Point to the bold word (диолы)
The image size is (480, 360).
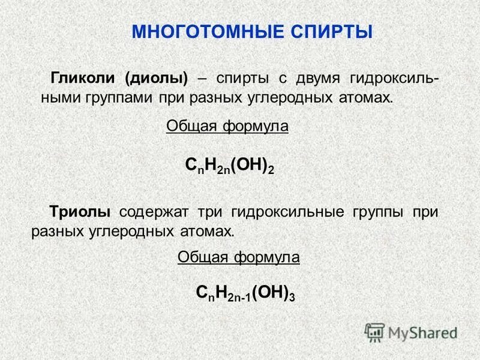click(x=156, y=79)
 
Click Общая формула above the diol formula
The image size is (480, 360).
click(x=227, y=127)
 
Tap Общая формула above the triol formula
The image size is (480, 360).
click(x=239, y=257)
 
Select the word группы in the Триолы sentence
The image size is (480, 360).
click(x=376, y=212)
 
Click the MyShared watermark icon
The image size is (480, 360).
click(x=375, y=332)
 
